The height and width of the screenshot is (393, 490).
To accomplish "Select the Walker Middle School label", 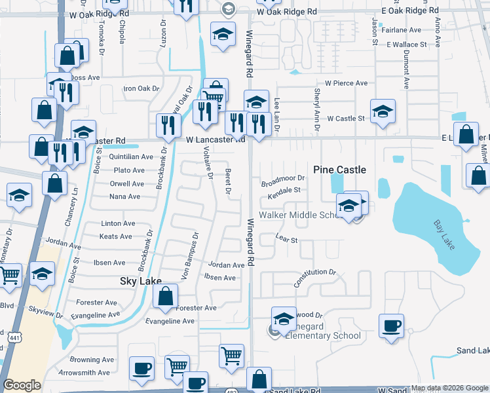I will pyautogui.click(x=301, y=215).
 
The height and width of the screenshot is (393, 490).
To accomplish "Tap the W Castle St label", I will pyautogui.click(x=346, y=119).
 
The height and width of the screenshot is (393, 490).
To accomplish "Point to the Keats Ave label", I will pyautogui.click(x=117, y=236).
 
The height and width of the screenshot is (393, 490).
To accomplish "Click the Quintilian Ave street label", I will pyautogui.click(x=131, y=157).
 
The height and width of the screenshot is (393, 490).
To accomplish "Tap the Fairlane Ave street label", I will pyautogui.click(x=404, y=30).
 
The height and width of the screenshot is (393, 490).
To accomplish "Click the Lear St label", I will pyautogui.click(x=287, y=240).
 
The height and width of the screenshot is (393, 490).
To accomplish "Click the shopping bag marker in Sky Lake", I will pyautogui.click(x=165, y=295).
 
